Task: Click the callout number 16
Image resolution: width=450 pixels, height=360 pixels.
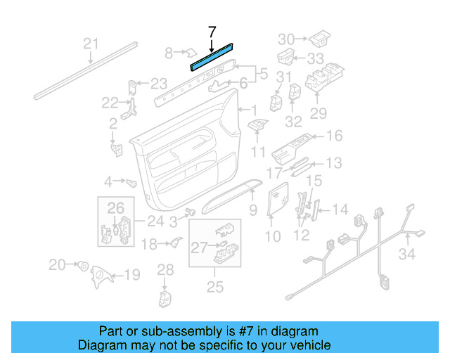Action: [x=334, y=136]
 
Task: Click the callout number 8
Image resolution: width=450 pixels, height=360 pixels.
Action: [x=169, y=53]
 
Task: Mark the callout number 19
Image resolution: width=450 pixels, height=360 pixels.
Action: [x=132, y=275]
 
